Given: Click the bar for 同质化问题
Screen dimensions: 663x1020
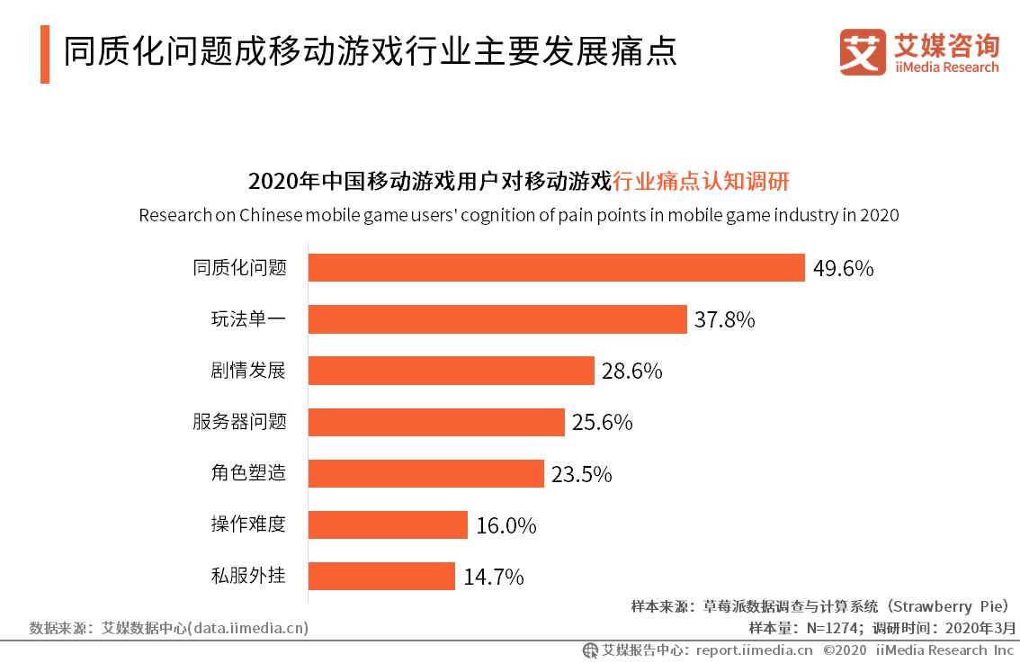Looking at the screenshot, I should (x=556, y=268).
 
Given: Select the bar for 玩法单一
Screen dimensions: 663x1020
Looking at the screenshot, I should (x=497, y=319).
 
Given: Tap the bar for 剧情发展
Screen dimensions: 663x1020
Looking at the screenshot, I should (x=451, y=371).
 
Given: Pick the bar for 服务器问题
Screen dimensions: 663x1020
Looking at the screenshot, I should (x=436, y=422).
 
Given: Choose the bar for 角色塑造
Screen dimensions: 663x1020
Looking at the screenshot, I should (x=425, y=473).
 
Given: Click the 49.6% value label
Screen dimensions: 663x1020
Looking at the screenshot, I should (x=843, y=269).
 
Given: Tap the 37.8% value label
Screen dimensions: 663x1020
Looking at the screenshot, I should (x=724, y=320).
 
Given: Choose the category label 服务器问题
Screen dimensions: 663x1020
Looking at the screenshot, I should (x=238, y=421).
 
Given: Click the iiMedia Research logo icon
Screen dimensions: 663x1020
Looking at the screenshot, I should (x=862, y=53).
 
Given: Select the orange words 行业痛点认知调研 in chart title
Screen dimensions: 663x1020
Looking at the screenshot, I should (x=700, y=181).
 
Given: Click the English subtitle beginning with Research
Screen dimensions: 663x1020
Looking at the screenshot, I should (x=519, y=216).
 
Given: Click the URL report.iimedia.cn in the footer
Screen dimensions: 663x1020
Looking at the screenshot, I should (x=754, y=650).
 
